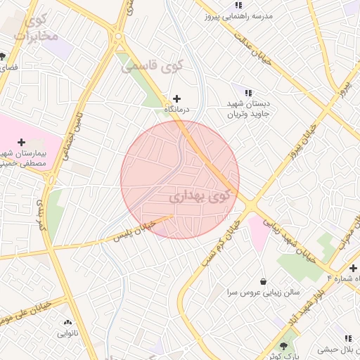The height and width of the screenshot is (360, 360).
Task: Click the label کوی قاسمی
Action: coord(151,67)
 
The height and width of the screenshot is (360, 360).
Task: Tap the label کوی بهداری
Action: coord(200,196)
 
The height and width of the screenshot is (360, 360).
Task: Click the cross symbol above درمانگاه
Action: coord(176,98)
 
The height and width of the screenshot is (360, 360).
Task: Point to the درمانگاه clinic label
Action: coord(176,110)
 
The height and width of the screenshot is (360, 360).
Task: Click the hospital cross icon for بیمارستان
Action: coord(21,142)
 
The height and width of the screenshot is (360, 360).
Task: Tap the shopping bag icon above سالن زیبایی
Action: coord(263,281)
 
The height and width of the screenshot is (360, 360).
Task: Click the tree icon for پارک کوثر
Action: coord(285,346)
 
